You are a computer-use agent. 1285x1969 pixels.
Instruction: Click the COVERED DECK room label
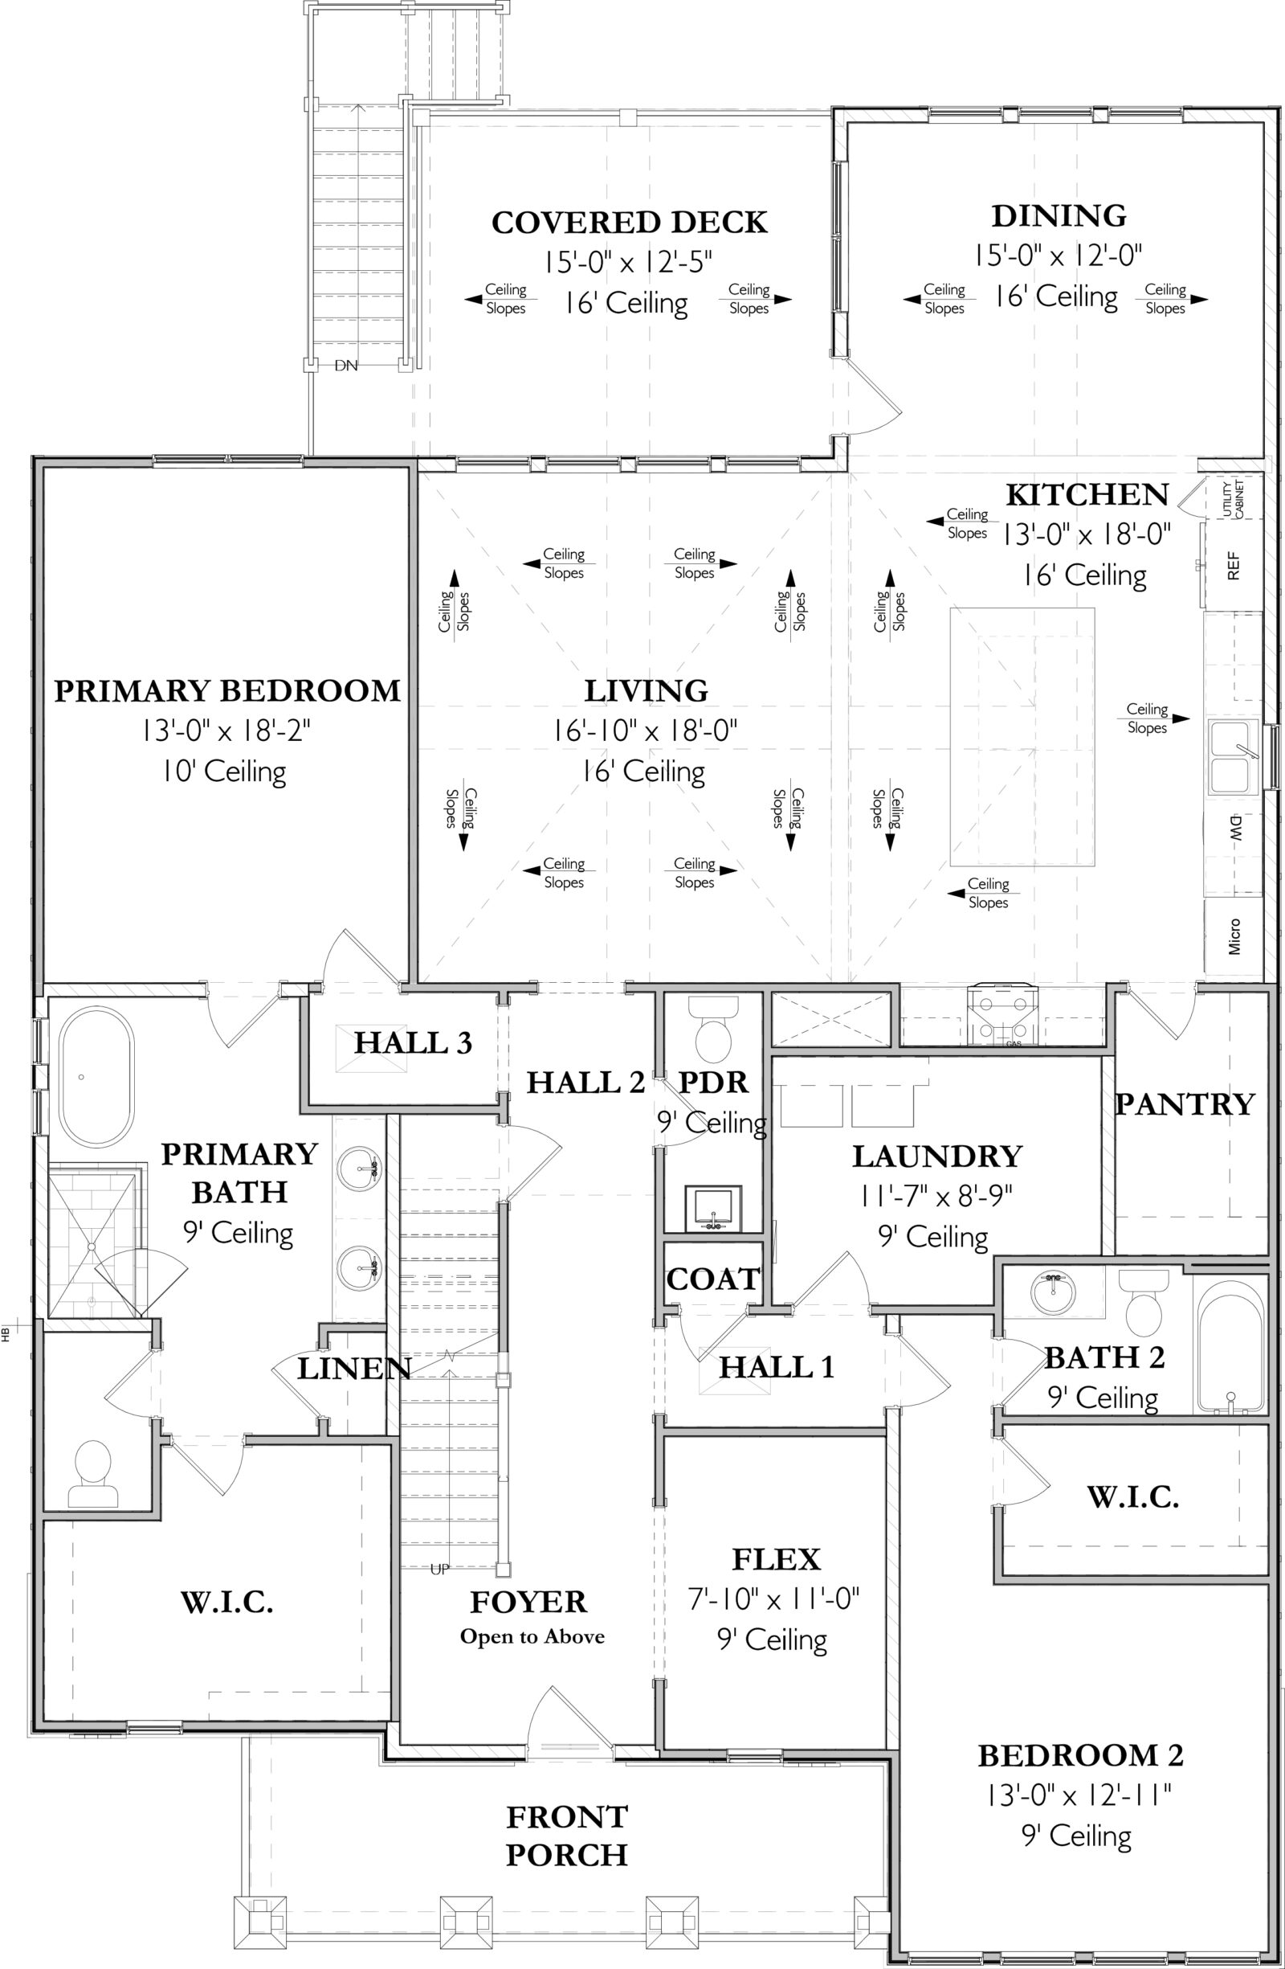[x=630, y=223]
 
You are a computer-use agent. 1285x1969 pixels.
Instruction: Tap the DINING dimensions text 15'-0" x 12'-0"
[x=1058, y=256]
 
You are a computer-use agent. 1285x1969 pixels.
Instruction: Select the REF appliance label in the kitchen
[x=1233, y=567]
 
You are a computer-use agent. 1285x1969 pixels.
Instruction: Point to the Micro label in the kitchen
[x=1234, y=936]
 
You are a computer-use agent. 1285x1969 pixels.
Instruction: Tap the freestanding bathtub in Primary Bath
[x=95, y=1076]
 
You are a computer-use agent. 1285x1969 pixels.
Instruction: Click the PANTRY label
[x=1184, y=1104]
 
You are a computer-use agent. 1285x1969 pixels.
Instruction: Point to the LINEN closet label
[x=354, y=1369]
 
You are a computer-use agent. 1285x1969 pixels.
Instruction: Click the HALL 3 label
[x=413, y=1043]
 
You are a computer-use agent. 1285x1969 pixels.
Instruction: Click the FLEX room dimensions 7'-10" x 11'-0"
[x=774, y=1599]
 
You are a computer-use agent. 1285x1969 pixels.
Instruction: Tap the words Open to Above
[x=532, y=1636]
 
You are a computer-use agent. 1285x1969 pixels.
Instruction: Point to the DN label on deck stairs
[x=345, y=366]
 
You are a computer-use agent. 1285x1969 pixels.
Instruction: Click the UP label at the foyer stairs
[x=439, y=1569]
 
